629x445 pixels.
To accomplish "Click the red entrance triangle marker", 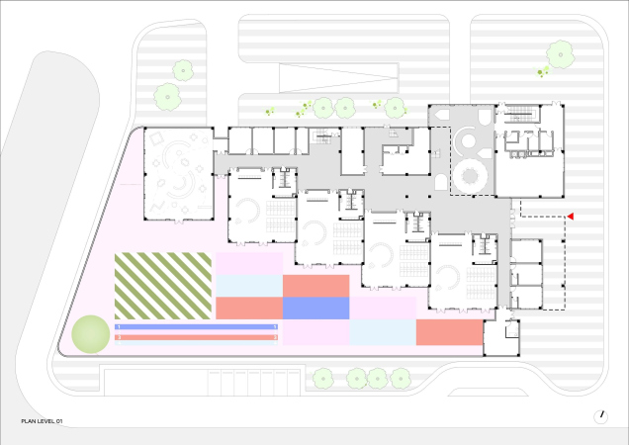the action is tap(570, 217).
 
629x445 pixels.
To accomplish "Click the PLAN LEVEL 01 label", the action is tap(42, 421).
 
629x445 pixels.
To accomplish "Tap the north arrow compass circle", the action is tap(600, 417).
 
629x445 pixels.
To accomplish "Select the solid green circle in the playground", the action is tap(91, 334).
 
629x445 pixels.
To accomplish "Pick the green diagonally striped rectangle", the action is tap(163, 286).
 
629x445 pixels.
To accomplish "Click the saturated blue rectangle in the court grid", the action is tap(316, 309).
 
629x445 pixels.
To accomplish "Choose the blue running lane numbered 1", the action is tap(196, 327).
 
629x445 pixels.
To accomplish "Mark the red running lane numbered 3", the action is tap(196, 337).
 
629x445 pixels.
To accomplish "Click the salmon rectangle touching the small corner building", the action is tap(449, 332).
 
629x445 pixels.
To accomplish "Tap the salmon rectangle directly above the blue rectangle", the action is tap(316, 286).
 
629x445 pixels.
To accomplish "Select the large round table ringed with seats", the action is tap(469, 175).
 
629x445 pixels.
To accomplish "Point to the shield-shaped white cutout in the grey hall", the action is tap(485, 117).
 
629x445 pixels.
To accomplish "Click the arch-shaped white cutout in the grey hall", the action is tap(441, 182).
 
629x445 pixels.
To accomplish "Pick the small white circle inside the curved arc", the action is tap(468, 140).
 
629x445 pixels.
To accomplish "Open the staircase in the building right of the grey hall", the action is tap(520, 113).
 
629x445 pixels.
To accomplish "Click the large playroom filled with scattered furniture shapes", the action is tap(178, 173).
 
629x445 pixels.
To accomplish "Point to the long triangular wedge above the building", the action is tap(338, 78).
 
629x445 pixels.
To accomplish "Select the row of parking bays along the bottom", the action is tap(254, 383).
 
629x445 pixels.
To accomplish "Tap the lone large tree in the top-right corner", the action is tap(561, 54).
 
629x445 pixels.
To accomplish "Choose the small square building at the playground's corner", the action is tap(501, 337).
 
